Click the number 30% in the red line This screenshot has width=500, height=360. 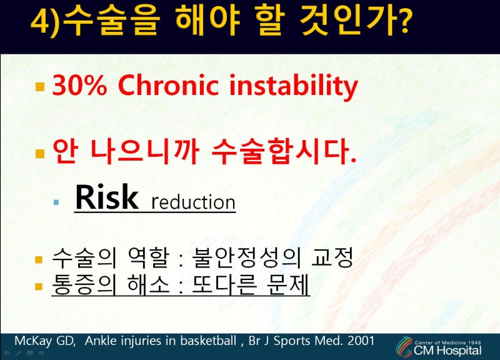click(x=79, y=85)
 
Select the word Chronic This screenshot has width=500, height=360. click(x=168, y=85)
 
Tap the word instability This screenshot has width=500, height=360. click(x=293, y=87)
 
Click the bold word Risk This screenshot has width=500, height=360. click(x=106, y=197)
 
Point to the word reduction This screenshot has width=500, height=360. click(x=193, y=202)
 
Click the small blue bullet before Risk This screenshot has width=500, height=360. click(x=56, y=202)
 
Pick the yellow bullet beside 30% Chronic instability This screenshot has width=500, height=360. click(x=40, y=87)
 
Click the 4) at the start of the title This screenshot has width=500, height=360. click(x=46, y=21)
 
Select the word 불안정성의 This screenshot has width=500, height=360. click(x=246, y=257)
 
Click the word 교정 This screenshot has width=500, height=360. click(x=332, y=257)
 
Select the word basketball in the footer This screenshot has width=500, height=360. click(x=208, y=341)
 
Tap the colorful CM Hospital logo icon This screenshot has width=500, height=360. click(x=404, y=347)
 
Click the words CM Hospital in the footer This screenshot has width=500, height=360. click(x=447, y=351)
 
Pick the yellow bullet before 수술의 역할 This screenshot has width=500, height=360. click(x=39, y=260)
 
